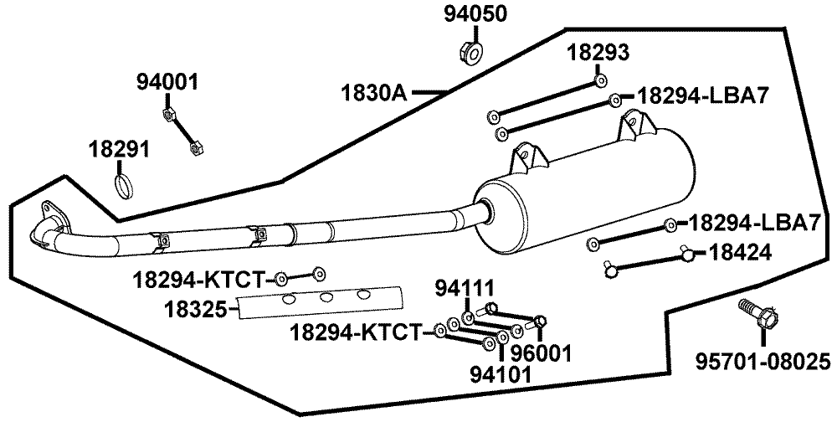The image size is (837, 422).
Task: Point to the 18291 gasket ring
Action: tap(123, 185)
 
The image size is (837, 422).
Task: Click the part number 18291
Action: tap(120, 150)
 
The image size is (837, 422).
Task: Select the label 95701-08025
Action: tap(764, 363)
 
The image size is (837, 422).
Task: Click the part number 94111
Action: tap(465, 289)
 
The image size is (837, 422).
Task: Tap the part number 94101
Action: tap(501, 374)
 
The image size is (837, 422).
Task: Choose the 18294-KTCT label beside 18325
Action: tap(198, 278)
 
